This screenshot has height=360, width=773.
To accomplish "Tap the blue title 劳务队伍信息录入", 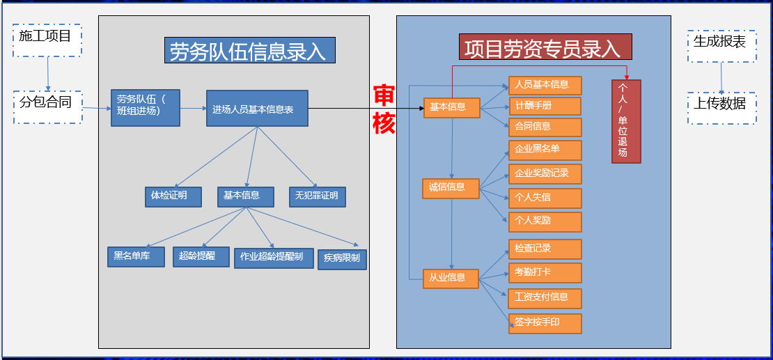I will tap(249, 50).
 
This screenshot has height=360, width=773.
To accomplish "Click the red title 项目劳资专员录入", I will tap(545, 47).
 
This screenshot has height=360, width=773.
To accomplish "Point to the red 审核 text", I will tap(384, 109).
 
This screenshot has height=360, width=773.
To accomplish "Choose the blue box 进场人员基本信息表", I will tap(257, 108).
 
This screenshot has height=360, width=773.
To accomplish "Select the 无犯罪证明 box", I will tap(318, 196).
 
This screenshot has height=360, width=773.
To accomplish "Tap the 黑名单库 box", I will tap(136, 256).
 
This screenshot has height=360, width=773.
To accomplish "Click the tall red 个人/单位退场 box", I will tap(626, 121).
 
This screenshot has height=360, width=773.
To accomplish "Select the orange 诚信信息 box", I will tap(451, 188).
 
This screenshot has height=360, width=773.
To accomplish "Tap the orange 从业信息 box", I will tap(451, 279).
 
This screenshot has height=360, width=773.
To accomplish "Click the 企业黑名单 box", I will tap(545, 150).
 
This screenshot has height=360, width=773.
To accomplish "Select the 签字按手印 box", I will tap(545, 323).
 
